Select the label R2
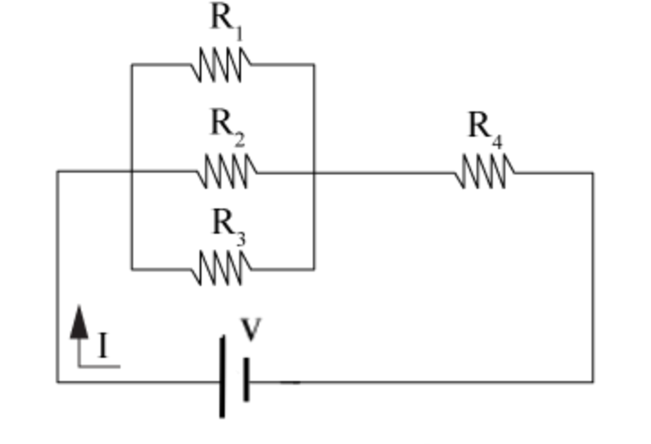click(227, 125)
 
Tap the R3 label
click(227, 224)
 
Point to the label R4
click(483, 129)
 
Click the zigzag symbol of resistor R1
click(221, 65)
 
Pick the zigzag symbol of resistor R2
click(227, 171)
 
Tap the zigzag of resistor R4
click(486, 172)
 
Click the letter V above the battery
click(252, 329)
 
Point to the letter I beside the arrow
click(103, 346)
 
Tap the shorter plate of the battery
click(245, 380)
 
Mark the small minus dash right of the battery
click(290, 382)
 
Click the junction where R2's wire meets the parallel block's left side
click(132, 172)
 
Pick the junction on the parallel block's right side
click(314, 172)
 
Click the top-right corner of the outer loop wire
click(592, 173)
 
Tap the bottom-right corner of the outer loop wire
click(592, 381)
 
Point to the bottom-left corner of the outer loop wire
click(58, 381)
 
